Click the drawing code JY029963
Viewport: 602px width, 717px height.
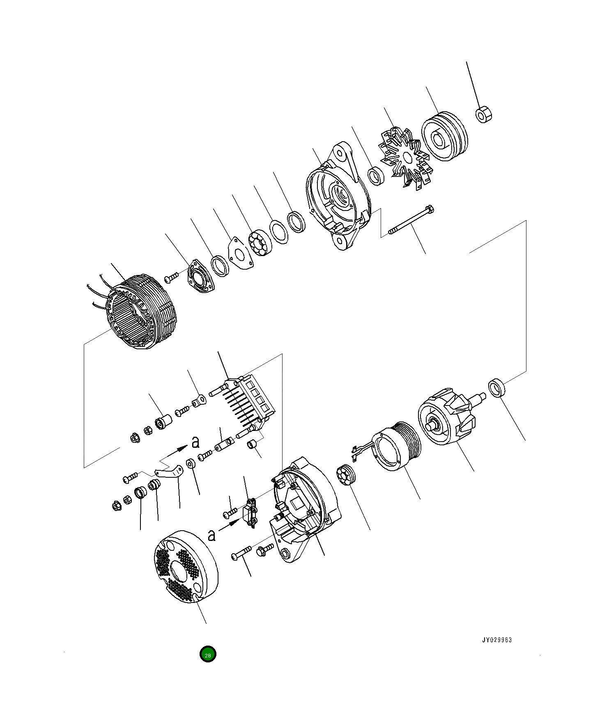(x=497, y=640)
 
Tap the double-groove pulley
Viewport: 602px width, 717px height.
(x=444, y=136)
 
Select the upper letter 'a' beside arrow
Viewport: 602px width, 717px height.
(x=196, y=442)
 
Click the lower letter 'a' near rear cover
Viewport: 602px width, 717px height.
(x=211, y=535)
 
